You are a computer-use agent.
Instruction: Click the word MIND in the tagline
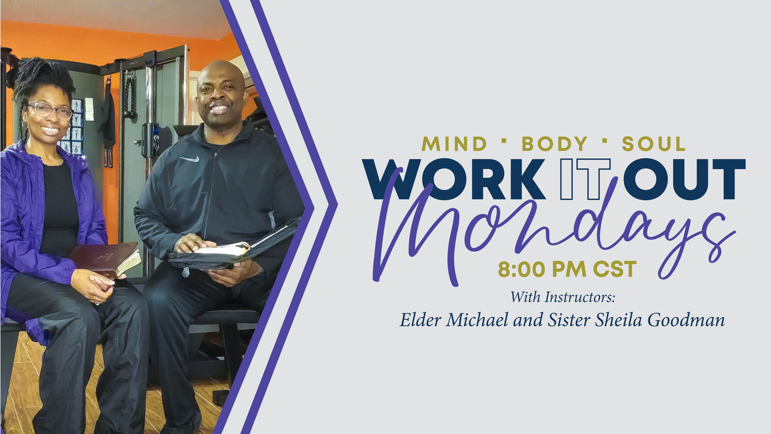coord(454,144)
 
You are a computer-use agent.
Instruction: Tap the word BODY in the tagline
coord(554,144)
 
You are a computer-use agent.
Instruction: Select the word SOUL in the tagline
coord(654,144)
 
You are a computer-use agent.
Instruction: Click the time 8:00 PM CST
coord(567,269)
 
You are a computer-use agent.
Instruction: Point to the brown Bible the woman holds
coord(104,259)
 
